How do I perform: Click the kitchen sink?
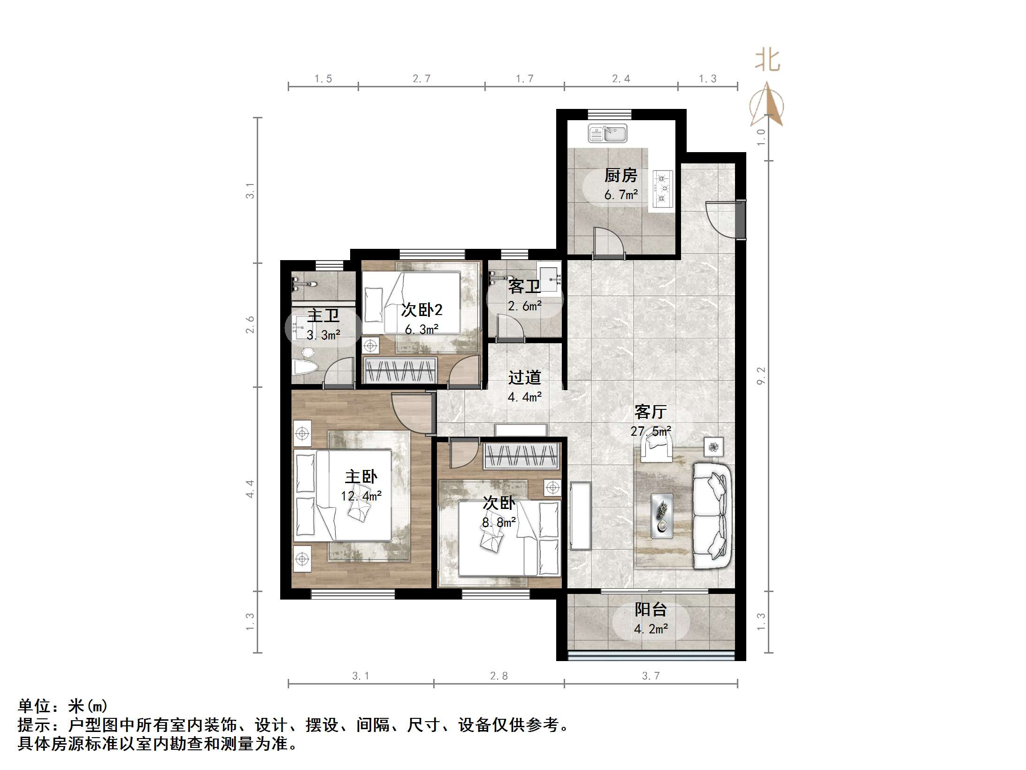click(x=607, y=134)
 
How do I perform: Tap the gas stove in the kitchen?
click(x=662, y=189)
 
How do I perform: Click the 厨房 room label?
click(x=620, y=176)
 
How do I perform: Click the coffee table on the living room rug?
click(x=662, y=516)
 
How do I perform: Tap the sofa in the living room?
click(x=712, y=516)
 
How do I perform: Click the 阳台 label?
click(x=651, y=609)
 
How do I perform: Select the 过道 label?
click(x=524, y=377)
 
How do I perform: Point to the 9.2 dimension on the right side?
click(x=761, y=376)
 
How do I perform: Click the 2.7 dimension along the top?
click(x=421, y=79)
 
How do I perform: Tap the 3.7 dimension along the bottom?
click(x=651, y=676)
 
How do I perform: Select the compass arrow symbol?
click(x=766, y=106)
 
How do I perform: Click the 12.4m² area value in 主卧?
click(x=361, y=496)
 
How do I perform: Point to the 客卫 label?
click(x=524, y=286)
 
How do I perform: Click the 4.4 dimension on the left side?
click(x=250, y=489)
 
